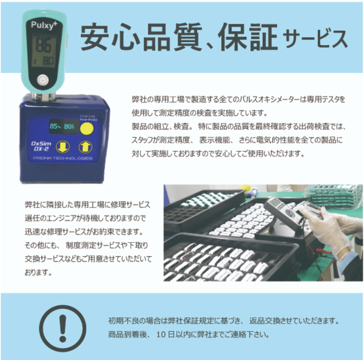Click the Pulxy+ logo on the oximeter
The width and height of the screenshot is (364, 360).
44,25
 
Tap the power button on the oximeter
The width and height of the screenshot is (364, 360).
43,80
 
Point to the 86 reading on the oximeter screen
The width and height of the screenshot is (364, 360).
43,45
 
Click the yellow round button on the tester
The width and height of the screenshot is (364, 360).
87,128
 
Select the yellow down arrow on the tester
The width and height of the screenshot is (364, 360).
63,147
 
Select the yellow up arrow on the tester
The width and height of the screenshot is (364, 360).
86,147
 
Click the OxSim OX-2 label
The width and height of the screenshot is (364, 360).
41,146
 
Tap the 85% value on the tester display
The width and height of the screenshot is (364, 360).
55,126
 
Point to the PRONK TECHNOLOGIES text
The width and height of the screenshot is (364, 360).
63,158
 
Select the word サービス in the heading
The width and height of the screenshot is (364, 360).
316,38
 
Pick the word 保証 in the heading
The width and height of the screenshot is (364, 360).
248,37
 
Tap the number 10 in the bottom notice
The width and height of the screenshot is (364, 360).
161,335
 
